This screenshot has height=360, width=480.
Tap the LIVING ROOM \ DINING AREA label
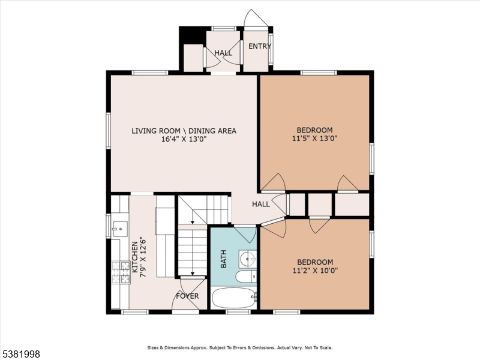coord(184,130)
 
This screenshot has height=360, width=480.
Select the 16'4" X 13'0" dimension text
coord(184,139)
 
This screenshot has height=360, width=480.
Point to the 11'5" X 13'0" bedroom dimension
coord(314,139)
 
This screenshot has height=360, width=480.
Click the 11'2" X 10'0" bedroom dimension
coord(314,271)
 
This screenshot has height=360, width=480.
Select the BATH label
coord(223,259)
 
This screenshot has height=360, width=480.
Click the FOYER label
coord(187,296)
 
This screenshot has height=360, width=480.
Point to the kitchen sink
coord(119,227)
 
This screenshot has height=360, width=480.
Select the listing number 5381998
coord(21,354)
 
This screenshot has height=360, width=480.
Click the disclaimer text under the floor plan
coord(240,347)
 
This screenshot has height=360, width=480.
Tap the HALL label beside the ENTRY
coord(223,53)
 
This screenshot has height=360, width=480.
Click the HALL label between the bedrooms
coord(260,204)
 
